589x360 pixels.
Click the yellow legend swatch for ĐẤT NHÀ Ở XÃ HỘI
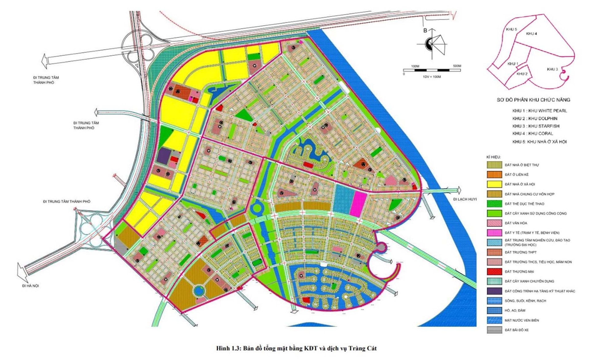coord(494,184)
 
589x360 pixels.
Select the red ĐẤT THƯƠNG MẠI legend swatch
coord(494,271)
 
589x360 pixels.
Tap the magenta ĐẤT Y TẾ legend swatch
coord(494,233)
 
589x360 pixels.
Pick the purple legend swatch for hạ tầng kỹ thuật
coord(494,291)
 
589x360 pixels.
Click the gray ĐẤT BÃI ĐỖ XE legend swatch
coord(494,330)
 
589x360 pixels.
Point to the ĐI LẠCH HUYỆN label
coord(465,199)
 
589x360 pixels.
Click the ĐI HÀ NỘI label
coord(30,286)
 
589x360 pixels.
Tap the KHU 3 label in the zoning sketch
coord(552,69)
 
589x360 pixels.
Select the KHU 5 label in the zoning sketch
coord(511,29)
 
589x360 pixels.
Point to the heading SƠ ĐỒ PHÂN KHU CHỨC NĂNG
coord(533,100)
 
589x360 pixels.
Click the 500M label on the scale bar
coord(457,66)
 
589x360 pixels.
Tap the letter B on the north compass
coord(425,30)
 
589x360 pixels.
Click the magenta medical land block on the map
coord(358,204)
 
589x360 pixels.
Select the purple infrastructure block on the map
coord(164,156)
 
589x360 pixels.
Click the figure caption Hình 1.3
coord(296,348)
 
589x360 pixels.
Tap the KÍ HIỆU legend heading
coord(493,157)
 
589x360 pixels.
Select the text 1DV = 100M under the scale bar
coord(432,77)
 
